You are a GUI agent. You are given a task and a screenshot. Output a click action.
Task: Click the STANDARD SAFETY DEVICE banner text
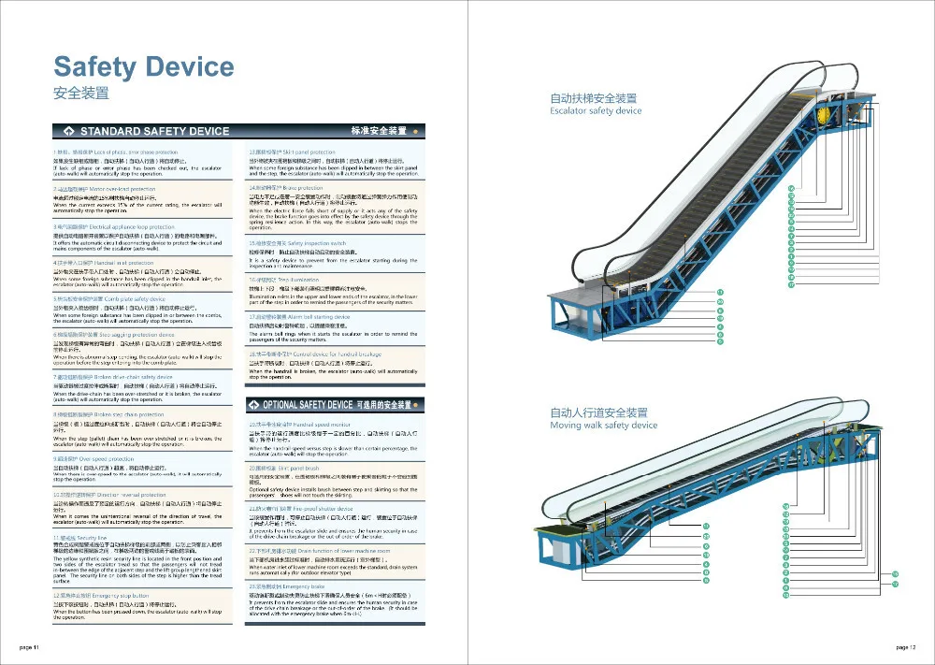[154, 131]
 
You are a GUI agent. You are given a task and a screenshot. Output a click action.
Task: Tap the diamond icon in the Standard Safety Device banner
[68, 131]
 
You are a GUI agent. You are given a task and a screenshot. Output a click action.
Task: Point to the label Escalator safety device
[596, 111]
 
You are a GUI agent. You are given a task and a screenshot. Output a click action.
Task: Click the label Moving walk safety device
[603, 426]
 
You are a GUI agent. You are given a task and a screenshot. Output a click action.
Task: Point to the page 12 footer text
[905, 647]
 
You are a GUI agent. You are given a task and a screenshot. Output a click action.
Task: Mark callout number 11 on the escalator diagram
[721, 293]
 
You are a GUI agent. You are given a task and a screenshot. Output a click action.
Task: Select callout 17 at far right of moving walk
[895, 583]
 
